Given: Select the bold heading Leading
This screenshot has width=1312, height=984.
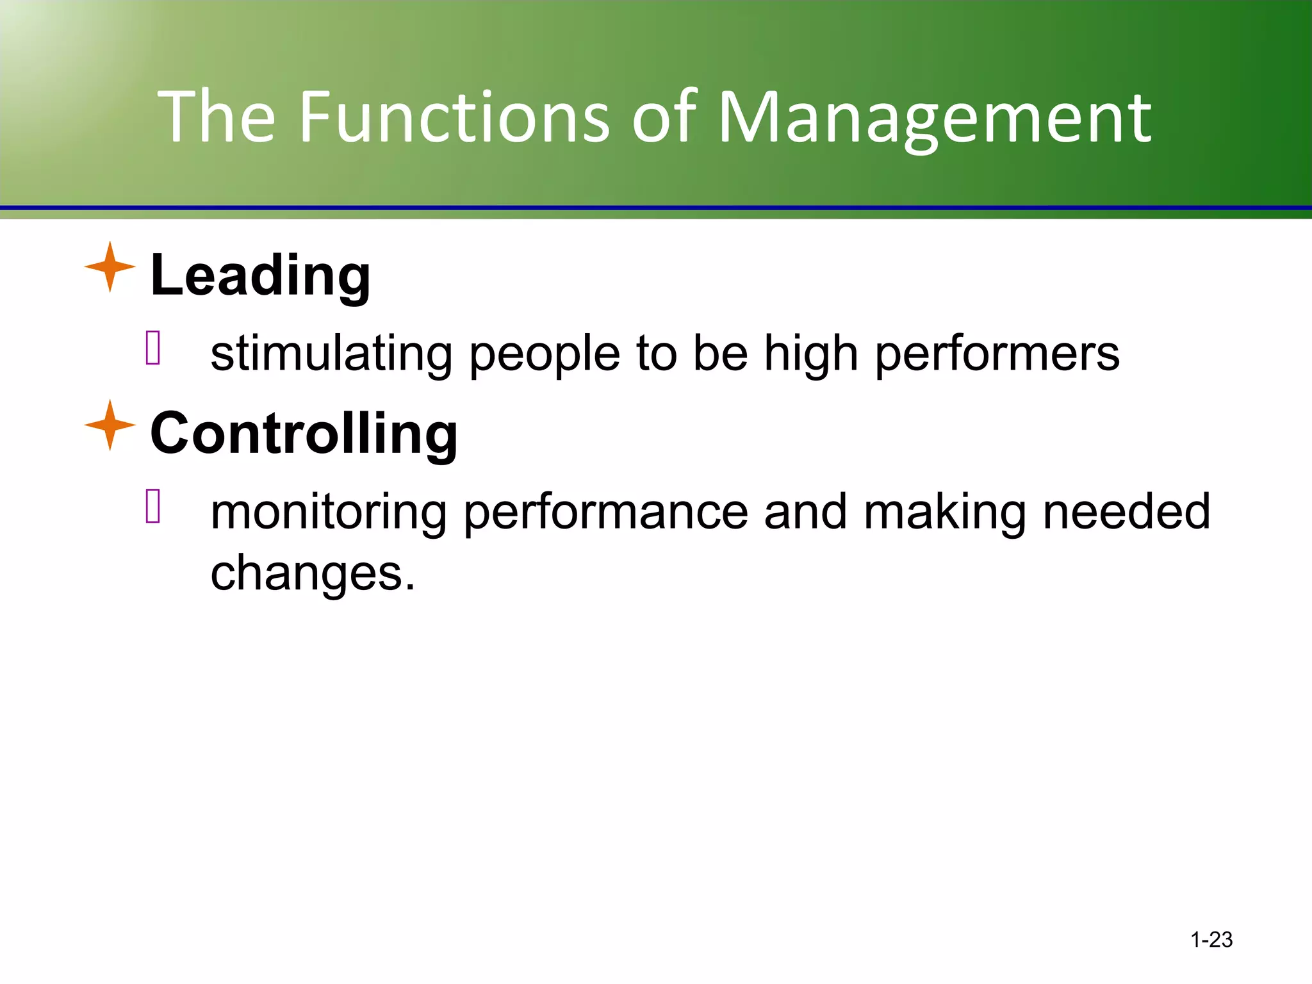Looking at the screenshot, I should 260,275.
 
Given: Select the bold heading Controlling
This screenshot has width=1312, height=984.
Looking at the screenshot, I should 304,434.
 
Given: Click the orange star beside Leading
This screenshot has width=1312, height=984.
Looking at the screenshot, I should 110,267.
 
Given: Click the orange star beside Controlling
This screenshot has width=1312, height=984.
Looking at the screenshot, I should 110,425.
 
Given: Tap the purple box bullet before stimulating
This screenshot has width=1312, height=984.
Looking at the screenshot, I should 153,348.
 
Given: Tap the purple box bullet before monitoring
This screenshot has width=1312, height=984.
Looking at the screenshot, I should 153,505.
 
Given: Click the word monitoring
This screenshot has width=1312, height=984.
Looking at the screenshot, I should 329,513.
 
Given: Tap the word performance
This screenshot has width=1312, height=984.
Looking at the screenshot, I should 605,513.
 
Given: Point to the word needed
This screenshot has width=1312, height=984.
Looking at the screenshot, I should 1126,512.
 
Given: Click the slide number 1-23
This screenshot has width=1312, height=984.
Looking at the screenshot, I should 1211,940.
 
